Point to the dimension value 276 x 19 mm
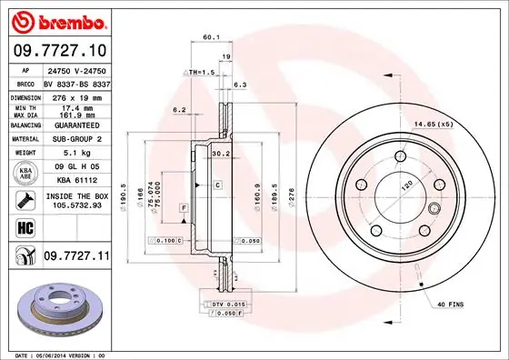(76, 96)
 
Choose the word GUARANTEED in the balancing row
(76, 125)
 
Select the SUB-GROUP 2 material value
(76, 139)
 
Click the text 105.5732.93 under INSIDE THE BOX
(76, 205)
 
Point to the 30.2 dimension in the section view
(219, 153)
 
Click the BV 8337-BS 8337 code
(76, 82)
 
